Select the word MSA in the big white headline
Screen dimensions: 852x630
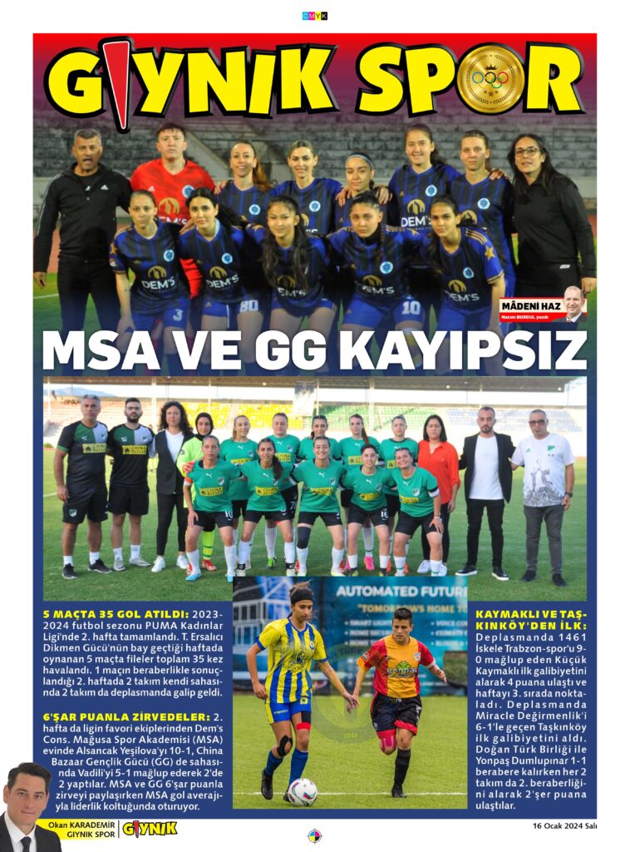pos(106,351)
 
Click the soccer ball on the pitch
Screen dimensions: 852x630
pos(302,791)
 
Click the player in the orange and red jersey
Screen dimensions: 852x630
pos(396,691)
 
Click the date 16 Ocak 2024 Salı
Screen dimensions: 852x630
pos(564,826)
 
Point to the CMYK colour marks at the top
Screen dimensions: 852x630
pos(315,16)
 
